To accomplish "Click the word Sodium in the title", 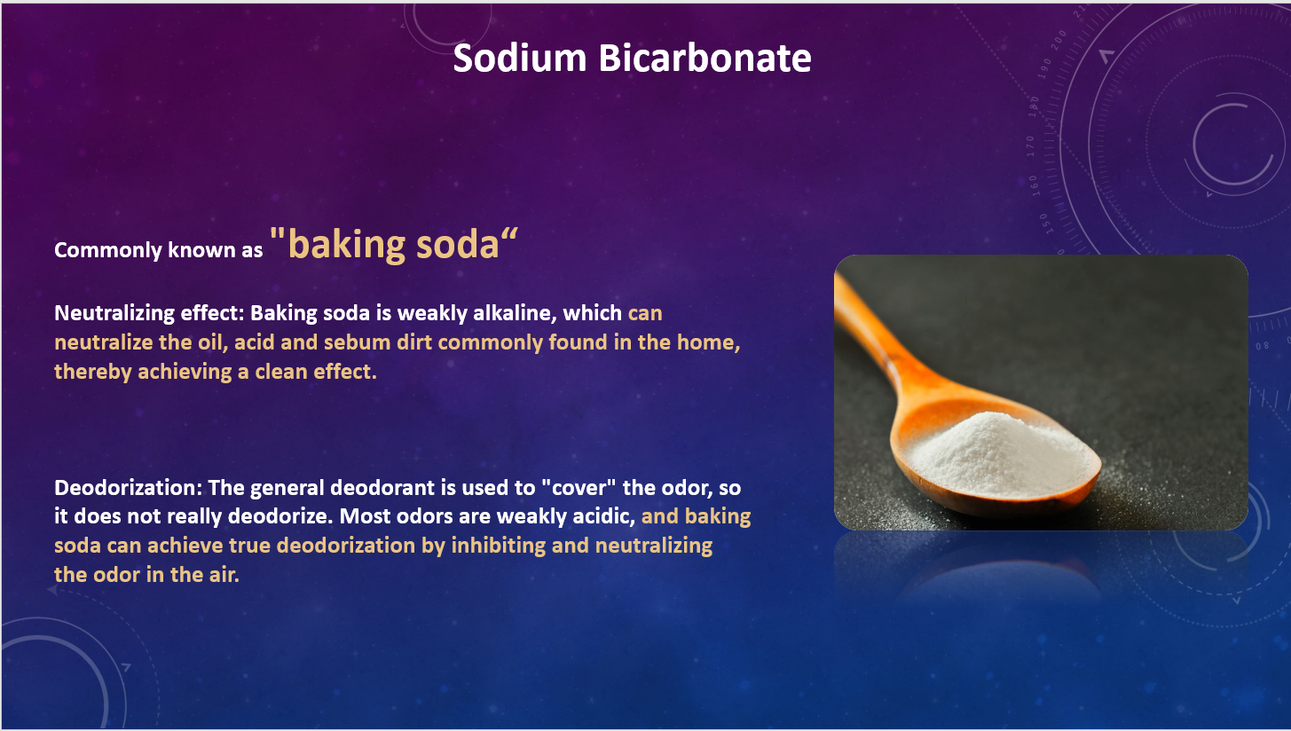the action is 519,58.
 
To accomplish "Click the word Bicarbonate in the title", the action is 705,58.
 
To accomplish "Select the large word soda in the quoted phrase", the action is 458,244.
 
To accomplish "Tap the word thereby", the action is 93,372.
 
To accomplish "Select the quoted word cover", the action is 579,487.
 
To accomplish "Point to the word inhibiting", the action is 498,546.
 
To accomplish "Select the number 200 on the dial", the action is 1060,40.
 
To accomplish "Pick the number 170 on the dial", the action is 1030,146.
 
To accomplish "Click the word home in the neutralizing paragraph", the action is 708,342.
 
